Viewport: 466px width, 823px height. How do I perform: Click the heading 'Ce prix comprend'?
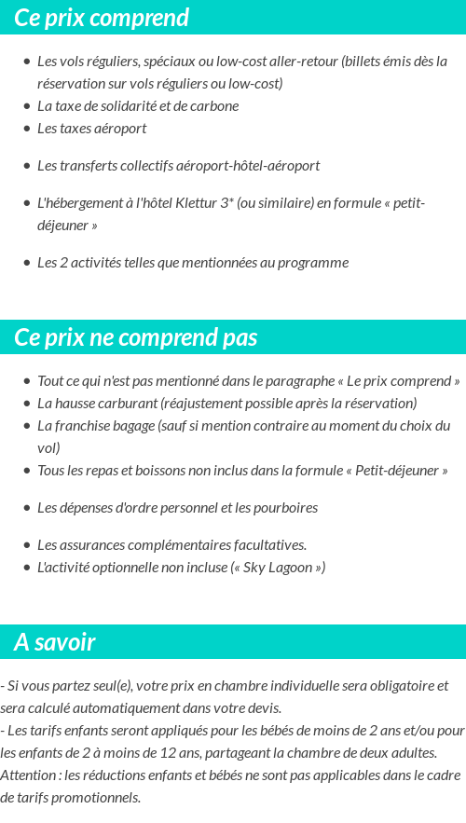tap(102, 18)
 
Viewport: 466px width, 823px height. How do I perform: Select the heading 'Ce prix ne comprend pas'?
tap(136, 337)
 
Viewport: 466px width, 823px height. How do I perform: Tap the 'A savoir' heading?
tap(55, 642)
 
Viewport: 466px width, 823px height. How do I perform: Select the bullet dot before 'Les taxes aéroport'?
tap(26, 129)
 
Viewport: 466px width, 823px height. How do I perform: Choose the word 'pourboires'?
tap(286, 508)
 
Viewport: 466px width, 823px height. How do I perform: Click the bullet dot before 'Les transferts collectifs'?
tap(26, 166)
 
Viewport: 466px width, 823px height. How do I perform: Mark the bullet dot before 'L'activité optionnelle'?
tap(26, 568)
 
